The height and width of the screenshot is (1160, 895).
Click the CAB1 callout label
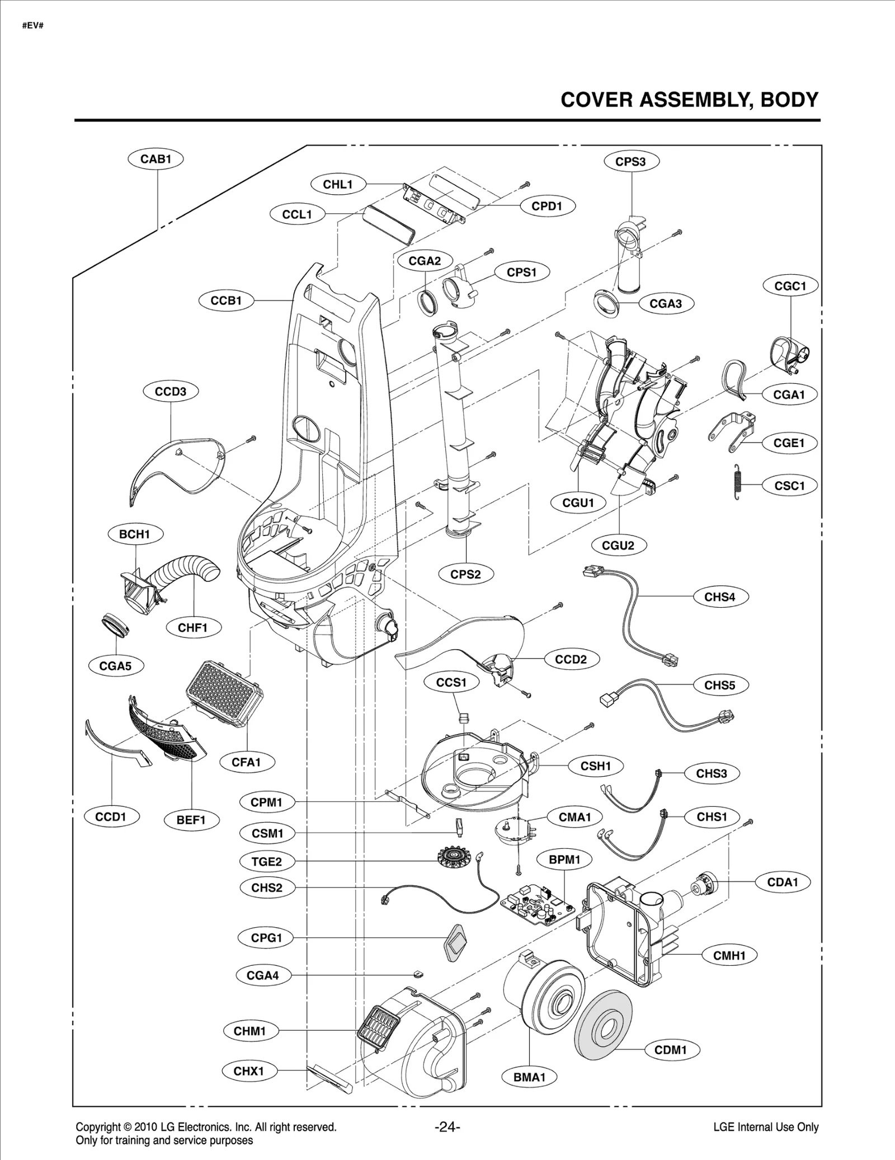(156, 159)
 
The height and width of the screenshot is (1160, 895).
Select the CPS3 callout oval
(631, 162)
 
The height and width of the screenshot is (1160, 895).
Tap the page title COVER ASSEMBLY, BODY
(689, 100)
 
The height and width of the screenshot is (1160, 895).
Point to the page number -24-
(447, 1127)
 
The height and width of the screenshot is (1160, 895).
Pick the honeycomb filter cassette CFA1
(224, 693)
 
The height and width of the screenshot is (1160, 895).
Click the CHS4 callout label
(719, 597)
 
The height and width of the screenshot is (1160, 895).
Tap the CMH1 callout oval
(729, 956)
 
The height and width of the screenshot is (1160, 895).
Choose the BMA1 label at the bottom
(529, 1077)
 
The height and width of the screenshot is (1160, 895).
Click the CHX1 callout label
(248, 1071)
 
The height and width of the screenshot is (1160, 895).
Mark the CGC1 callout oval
(790, 287)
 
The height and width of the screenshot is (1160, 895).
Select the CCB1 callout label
(226, 300)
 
